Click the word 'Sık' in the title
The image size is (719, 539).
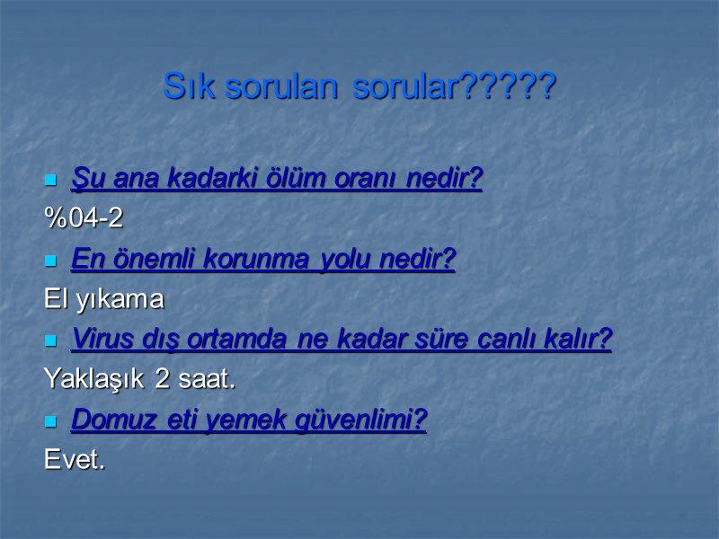186,87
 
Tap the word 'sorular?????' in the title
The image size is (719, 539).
455,87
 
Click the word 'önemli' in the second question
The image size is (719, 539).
157,260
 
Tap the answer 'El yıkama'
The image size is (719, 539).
104,299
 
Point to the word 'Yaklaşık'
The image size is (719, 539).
96,380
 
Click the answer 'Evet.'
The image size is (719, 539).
75,460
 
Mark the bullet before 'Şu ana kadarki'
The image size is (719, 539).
50,181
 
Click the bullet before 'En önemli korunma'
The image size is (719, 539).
50,261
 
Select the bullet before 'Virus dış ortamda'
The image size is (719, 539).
50,340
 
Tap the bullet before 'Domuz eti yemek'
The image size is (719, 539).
50,420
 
